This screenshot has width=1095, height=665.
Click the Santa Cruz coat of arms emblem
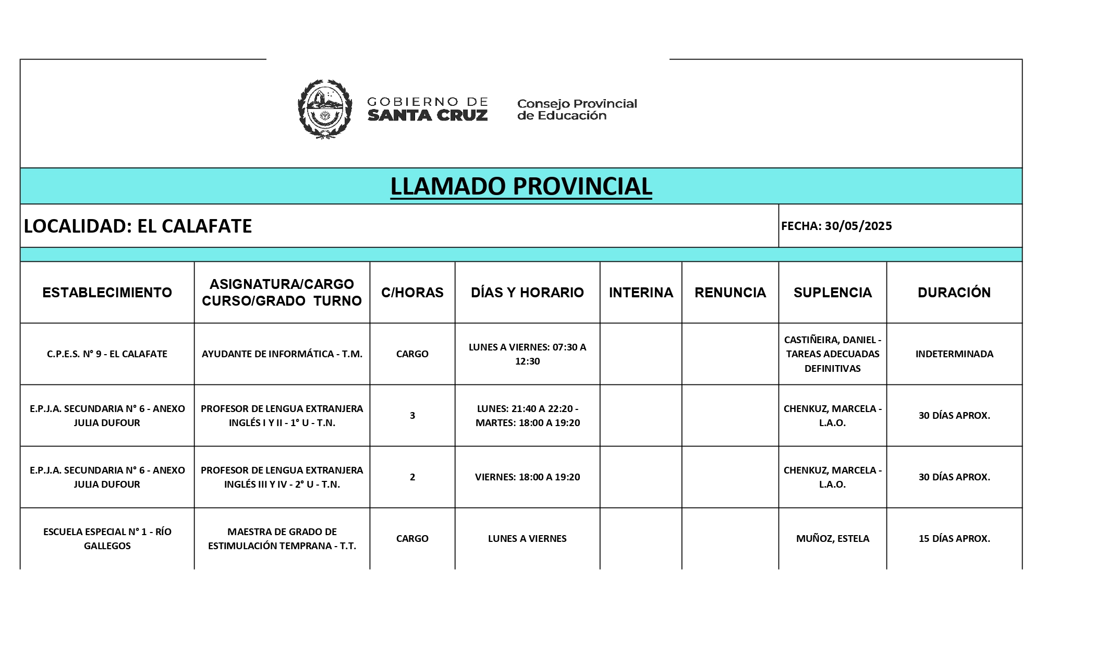coord(324,109)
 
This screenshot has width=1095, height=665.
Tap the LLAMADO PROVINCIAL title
coord(521,186)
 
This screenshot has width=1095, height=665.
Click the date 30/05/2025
coord(858,226)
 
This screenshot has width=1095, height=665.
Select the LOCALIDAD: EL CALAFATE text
coord(138,226)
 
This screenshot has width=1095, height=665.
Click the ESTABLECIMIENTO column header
coord(107,293)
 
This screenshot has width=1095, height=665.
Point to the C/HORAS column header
coord(412,293)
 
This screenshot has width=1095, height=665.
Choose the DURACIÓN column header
coord(954,293)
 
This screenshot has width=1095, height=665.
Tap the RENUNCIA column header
coord(730,293)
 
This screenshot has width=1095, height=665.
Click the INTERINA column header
coord(641,293)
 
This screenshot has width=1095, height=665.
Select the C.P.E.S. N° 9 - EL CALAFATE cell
coord(107,354)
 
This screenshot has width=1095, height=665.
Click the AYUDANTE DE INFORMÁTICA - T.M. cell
coord(282,354)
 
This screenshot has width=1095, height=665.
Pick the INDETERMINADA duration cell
coord(954,354)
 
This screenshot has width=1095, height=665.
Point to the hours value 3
coord(412,416)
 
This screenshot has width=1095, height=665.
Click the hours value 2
coord(412,477)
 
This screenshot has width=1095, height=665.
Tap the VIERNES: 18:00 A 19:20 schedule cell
coord(527,477)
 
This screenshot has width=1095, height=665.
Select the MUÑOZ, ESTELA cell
coord(832,538)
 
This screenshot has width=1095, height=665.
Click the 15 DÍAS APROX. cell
coord(954,538)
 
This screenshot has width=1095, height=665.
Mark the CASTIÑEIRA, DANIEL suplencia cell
coord(832,354)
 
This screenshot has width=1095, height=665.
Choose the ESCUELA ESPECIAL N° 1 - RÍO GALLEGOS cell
coord(107,538)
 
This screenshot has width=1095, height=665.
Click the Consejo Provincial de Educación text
coord(577,110)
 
